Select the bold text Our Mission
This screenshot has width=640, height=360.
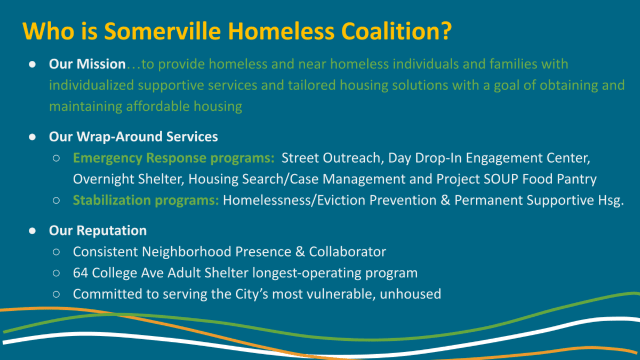(87, 64)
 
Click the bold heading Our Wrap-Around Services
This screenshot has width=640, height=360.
(133, 137)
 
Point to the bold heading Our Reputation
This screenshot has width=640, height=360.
(98, 230)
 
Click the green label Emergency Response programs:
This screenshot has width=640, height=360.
(174, 158)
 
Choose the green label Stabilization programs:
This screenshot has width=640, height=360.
(146, 201)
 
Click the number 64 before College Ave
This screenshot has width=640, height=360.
(81, 273)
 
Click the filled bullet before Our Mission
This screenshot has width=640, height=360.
(32, 64)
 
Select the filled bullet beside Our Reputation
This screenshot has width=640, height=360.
(32, 230)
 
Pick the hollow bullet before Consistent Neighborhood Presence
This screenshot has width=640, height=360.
(57, 252)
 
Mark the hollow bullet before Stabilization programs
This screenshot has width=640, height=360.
(57, 201)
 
